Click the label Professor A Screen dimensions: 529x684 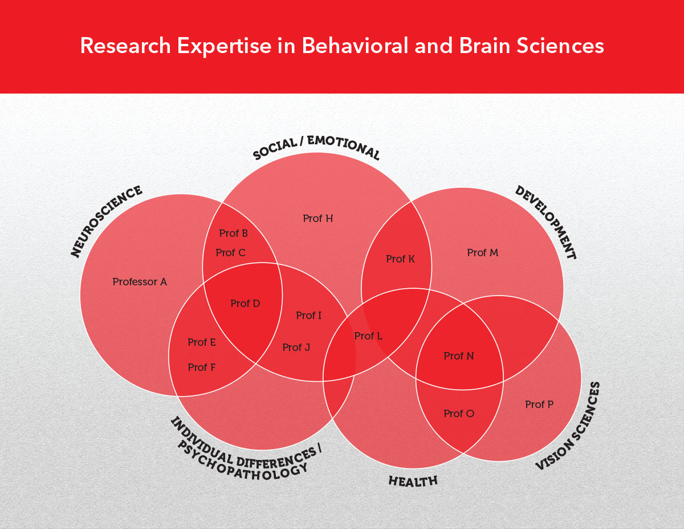pyautogui.click(x=140, y=282)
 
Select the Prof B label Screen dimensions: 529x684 pyautogui.click(x=233, y=233)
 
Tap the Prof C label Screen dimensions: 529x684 pyautogui.click(x=230, y=253)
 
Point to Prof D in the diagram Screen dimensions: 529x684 pyautogui.click(x=245, y=304)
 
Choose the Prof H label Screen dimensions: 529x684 pyautogui.click(x=317, y=219)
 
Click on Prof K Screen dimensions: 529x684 pyautogui.click(x=400, y=259)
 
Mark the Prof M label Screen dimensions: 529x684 pyautogui.click(x=482, y=253)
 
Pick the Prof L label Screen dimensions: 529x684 pyautogui.click(x=368, y=336)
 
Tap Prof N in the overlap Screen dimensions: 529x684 pyautogui.click(x=459, y=356)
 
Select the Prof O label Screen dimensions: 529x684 pyautogui.click(x=459, y=414)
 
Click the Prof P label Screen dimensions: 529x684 pyautogui.click(x=539, y=405)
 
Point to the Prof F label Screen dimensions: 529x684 pyautogui.click(x=202, y=368)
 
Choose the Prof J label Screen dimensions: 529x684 pyautogui.click(x=296, y=347)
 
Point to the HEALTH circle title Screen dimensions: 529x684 pyautogui.click(x=413, y=481)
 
